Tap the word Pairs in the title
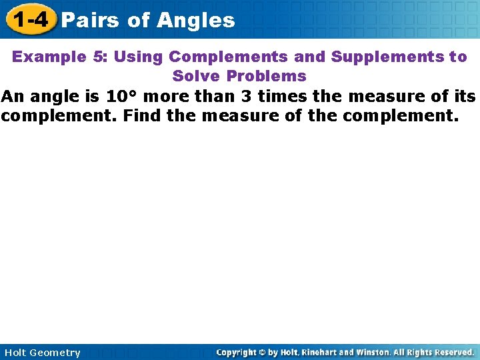(89, 21)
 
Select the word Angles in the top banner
(196, 21)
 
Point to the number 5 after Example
(98, 57)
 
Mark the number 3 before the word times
(246, 97)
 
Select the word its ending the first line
(461, 97)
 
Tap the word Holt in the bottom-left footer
(17, 353)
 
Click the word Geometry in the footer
(56, 353)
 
